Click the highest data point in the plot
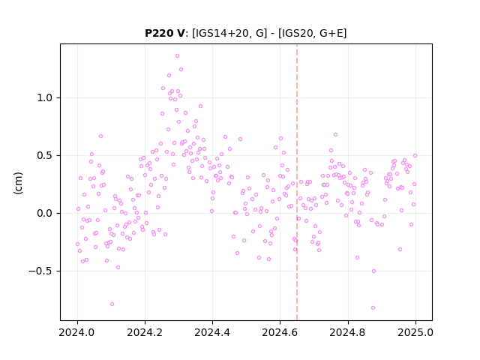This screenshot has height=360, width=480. tap(177, 56)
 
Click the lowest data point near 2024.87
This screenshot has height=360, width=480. tap(373, 308)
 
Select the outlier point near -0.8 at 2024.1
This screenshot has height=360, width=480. tap(112, 304)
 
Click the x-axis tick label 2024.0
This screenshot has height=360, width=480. tap(77, 332)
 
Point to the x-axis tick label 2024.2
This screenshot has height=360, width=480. tap(145, 332)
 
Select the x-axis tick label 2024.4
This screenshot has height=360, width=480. tap(212, 332)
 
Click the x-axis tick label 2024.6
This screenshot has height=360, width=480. tap(280, 332)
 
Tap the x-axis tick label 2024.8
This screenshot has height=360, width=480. tap(348, 332)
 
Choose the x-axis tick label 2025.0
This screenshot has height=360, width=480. tap(415, 332)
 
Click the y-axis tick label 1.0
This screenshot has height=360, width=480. tap(44, 98)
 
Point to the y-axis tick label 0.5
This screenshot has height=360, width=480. tap(44, 155)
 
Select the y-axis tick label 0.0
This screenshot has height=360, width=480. tap(44, 213)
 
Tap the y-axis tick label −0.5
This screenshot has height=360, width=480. tap(40, 271)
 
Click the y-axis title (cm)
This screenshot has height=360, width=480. tap(18, 183)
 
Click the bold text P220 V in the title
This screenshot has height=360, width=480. tap(165, 33)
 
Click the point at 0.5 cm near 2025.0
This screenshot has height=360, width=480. tap(415, 155)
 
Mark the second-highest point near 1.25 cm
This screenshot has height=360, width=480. tap(181, 70)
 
